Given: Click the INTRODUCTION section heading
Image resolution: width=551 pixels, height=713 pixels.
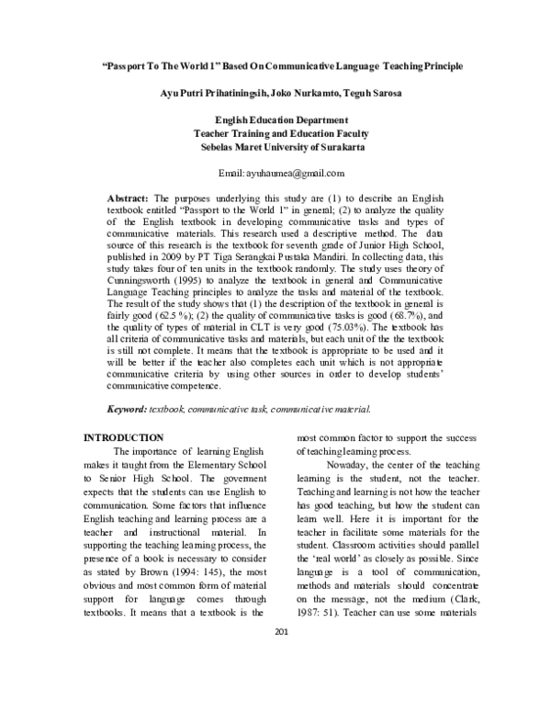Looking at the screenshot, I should (124, 436).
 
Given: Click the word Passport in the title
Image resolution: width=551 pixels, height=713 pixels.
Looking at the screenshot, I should (129, 67).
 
